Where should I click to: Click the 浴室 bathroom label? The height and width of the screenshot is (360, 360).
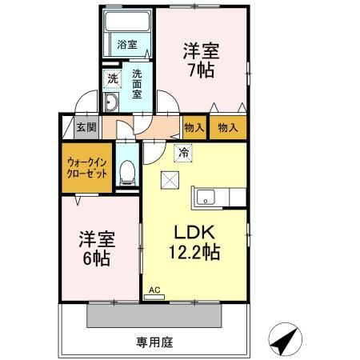click(126, 46)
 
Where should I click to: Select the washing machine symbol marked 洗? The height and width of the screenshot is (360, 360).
click(112, 79)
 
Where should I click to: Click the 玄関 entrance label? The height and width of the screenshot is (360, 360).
click(86, 126)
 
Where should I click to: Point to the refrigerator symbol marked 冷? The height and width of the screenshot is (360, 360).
click(182, 153)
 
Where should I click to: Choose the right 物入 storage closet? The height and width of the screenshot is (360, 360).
click(228, 126)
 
